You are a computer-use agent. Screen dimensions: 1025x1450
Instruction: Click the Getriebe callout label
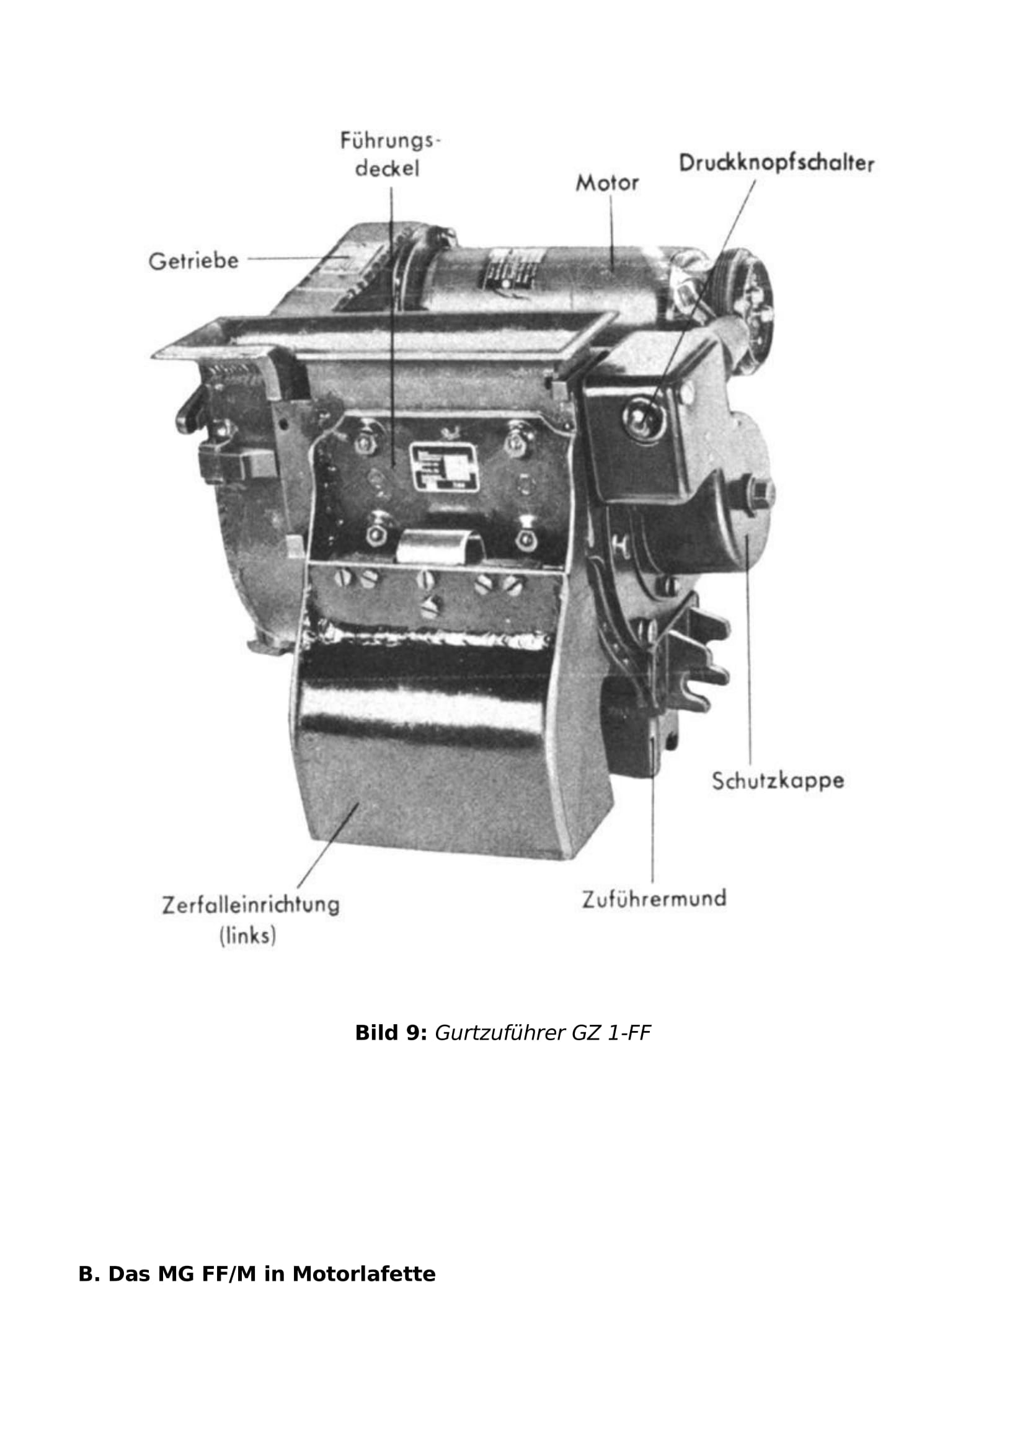tap(194, 260)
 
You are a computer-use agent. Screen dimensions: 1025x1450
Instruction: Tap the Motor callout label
tap(607, 183)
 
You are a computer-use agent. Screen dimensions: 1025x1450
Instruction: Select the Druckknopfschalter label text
tap(776, 163)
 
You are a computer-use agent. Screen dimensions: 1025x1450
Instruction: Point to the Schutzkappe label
tap(778, 780)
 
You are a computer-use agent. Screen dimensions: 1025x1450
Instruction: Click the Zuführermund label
tap(654, 898)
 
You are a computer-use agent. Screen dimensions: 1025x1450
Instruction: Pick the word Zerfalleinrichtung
tap(251, 904)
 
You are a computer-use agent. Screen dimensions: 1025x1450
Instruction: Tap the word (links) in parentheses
tap(247, 935)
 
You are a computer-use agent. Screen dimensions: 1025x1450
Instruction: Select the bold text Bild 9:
tap(391, 1033)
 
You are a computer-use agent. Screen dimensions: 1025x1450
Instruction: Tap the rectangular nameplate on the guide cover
tap(444, 466)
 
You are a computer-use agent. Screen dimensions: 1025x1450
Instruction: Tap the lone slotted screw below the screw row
tap(432, 606)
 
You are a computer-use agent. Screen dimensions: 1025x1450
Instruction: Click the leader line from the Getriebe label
tap(295, 259)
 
